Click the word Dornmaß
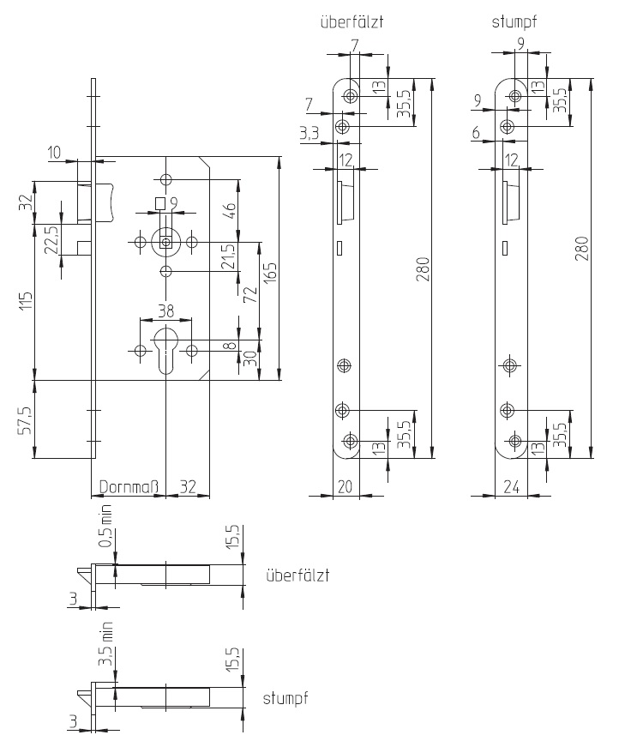click(129, 487)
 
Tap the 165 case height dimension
click(270, 273)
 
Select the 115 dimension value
click(27, 300)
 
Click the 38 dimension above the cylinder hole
click(165, 310)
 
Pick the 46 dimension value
click(229, 211)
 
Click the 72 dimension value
click(251, 294)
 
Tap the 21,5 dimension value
click(229, 256)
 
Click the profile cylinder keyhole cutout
click(165, 349)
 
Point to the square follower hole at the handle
click(165, 243)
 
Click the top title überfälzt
click(352, 21)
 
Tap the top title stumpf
click(514, 21)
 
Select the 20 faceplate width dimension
click(346, 486)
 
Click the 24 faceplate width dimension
click(511, 486)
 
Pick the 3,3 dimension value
click(309, 133)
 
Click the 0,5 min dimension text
click(106, 526)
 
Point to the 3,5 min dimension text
click(106, 644)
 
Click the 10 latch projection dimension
click(54, 153)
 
